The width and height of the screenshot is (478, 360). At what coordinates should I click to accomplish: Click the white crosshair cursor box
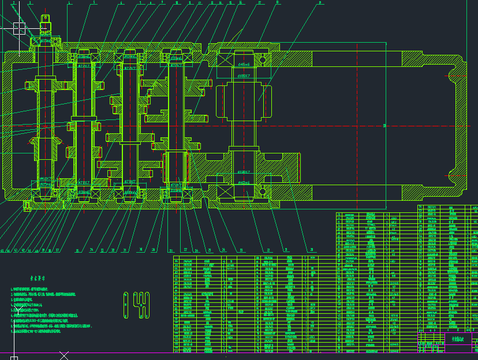pyautogui.click(x=19, y=27)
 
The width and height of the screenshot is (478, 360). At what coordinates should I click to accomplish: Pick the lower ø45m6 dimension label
pyautogui.click(x=243, y=182)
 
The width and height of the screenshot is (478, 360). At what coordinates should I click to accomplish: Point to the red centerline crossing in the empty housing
pyautogui.click(x=358, y=125)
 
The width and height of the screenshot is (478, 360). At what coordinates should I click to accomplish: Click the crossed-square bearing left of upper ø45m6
pyautogui.click(x=225, y=59)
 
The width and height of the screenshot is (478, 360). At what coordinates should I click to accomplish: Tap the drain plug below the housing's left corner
pyautogui.click(x=27, y=205)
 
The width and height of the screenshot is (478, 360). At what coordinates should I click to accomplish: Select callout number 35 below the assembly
pyautogui.click(x=76, y=250)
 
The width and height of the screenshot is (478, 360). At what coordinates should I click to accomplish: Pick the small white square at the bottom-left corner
pyautogui.click(x=14, y=358)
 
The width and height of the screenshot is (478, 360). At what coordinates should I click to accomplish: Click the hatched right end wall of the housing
pyautogui.click(x=460, y=125)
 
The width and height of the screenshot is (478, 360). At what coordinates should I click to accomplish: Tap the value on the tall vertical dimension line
pyautogui.click(x=384, y=125)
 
